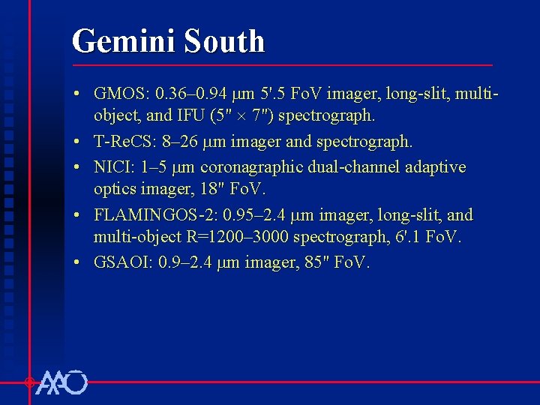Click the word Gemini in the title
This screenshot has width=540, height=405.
[117, 41]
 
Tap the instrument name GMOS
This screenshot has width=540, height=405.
[121, 94]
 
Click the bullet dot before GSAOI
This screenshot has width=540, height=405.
[78, 263]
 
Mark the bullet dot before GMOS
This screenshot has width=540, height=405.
[78, 94]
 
